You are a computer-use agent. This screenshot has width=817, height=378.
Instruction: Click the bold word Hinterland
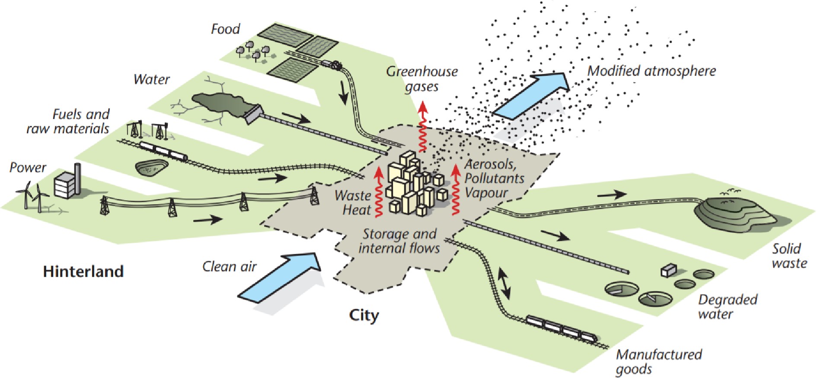[83, 272]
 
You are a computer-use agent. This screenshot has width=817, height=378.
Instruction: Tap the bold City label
[364, 315]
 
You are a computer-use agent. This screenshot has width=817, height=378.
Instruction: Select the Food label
[225, 29]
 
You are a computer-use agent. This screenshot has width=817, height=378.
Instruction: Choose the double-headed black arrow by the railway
[504, 284]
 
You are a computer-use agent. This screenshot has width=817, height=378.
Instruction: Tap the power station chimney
[77, 179]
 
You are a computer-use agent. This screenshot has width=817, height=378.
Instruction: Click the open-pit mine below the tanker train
[152, 167]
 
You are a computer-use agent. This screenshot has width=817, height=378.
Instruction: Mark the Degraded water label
[728, 307]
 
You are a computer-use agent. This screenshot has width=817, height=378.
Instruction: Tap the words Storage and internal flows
[399, 241]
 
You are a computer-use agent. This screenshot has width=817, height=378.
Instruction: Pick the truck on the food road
[332, 64]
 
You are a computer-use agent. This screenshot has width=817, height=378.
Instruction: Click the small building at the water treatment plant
[668, 270]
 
